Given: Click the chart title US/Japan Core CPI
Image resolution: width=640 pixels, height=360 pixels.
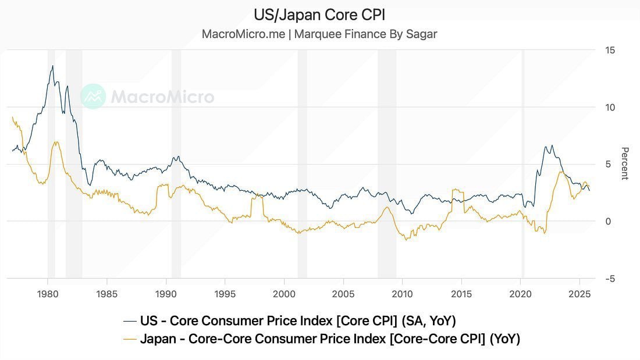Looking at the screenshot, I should (319, 15).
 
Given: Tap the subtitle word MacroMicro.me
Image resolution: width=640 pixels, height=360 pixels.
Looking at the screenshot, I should (243, 34).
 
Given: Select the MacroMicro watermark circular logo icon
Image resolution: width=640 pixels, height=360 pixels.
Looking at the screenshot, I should (93, 97).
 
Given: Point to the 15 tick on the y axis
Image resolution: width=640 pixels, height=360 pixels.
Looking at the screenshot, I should (610, 51).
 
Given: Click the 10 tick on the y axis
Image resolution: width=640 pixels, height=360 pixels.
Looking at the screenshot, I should (610, 108).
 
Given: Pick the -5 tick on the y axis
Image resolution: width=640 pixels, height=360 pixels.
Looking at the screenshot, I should (610, 279).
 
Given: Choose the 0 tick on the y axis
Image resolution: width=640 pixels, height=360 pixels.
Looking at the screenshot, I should (609, 222).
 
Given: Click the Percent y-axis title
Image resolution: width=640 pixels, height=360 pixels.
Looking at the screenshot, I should (625, 163).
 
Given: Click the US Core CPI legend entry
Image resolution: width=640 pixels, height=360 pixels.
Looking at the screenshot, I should (297, 320).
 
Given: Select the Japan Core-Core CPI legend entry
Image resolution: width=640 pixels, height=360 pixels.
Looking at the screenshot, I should (329, 338).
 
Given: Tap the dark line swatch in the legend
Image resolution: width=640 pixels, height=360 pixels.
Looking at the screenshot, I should (130, 321).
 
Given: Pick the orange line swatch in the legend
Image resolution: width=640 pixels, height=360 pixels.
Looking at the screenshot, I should (130, 339).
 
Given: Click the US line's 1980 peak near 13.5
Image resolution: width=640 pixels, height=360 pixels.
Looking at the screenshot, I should (53, 66).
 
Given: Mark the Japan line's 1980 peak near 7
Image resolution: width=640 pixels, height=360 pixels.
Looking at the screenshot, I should (56, 142).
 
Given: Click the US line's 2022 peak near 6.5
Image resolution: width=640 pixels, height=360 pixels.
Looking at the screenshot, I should (552, 146).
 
